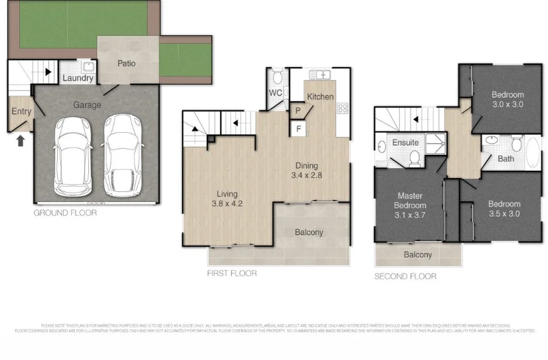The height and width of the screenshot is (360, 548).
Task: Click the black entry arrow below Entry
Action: (x=20, y=140)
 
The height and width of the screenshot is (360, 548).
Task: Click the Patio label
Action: (x=127, y=64)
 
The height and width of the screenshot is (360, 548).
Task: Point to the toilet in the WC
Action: (x=277, y=75)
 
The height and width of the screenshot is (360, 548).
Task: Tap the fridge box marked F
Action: (x=298, y=128)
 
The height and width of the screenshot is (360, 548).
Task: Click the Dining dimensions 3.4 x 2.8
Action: (x=306, y=175)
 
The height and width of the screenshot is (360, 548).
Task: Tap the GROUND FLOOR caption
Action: (x=65, y=213)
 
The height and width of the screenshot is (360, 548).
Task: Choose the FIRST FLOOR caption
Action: (x=231, y=273)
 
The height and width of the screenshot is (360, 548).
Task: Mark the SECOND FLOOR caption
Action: (x=405, y=276)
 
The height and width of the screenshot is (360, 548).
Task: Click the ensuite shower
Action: (x=435, y=140)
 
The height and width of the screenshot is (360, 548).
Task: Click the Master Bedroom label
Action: (x=411, y=201)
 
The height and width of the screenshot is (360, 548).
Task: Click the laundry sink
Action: (x=88, y=66)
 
